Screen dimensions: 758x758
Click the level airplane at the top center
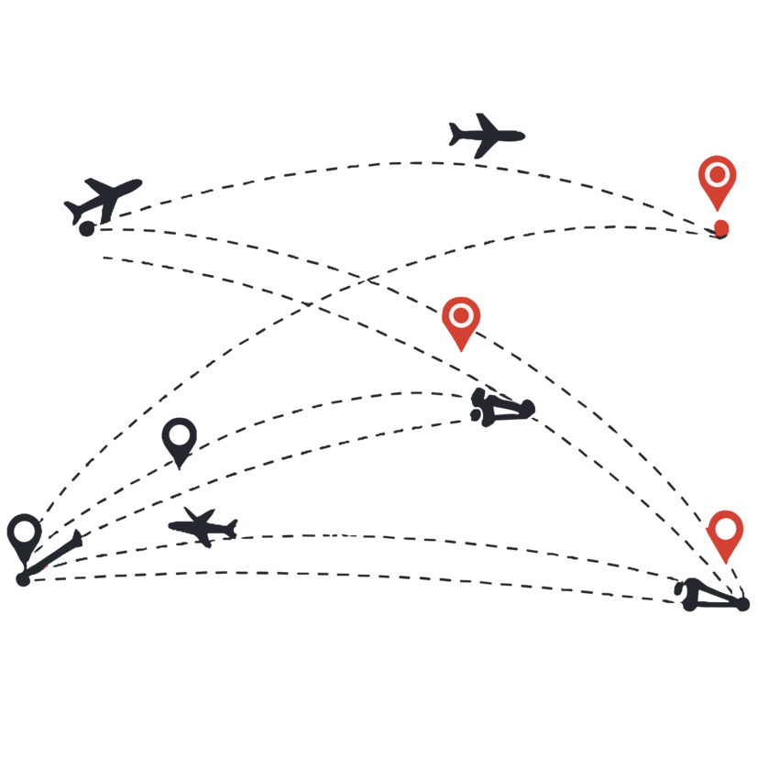486,136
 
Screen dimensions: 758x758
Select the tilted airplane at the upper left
104,199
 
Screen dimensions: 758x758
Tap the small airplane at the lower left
203,527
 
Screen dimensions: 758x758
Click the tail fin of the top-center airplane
455,134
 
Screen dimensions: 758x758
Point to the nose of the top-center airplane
523,137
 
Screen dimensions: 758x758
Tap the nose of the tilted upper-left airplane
139,181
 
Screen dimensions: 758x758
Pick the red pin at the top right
717,181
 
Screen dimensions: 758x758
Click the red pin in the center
461,321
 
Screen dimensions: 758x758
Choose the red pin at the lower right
725,534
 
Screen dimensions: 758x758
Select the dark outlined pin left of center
179,440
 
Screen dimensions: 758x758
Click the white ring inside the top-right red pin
717,174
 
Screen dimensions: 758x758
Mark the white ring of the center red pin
461,315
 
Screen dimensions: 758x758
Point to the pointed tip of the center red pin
461,351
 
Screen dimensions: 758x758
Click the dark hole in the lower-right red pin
725,529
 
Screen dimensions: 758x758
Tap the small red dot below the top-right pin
721,227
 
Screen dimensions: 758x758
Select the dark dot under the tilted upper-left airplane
87,229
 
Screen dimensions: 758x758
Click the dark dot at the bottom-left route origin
23,579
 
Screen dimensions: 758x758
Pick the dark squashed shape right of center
501,408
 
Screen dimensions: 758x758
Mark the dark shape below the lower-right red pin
713,596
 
